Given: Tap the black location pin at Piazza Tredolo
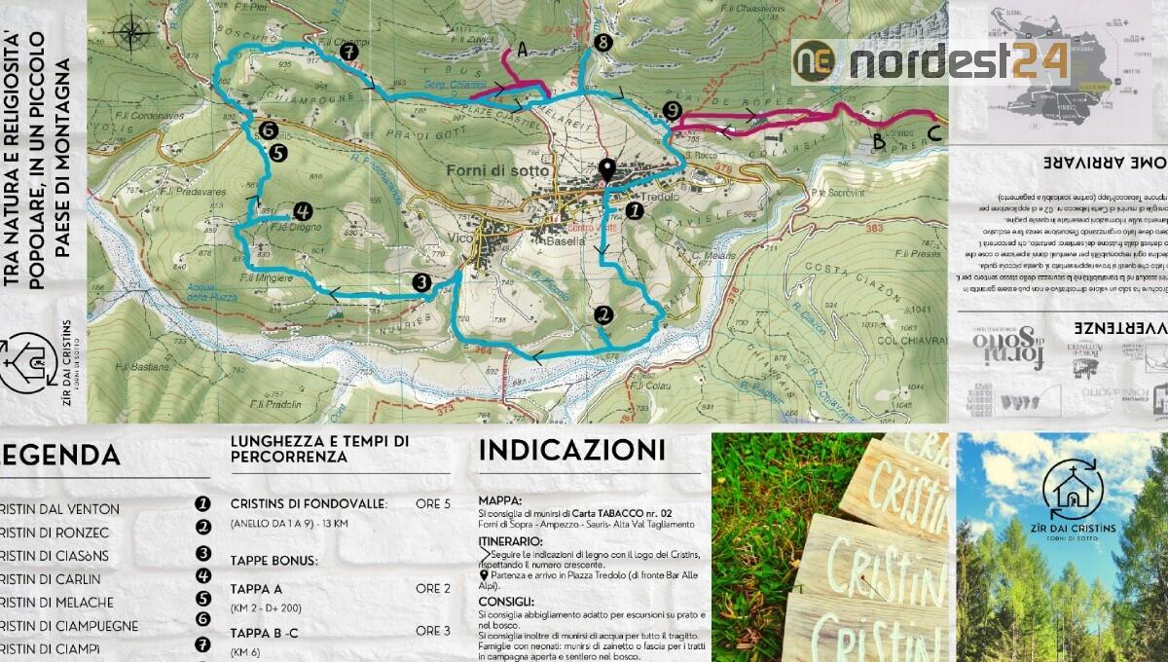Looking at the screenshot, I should click(x=607, y=171).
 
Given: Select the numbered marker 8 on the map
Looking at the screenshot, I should click(x=603, y=43).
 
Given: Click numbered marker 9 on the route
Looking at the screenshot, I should click(x=671, y=111).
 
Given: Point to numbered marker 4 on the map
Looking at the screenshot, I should click(x=302, y=210).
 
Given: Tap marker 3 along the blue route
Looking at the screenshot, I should click(x=421, y=282).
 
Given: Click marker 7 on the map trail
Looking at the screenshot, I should click(x=347, y=52).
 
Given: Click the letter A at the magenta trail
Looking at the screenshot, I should click(x=523, y=51).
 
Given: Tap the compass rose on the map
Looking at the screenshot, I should click(x=130, y=33).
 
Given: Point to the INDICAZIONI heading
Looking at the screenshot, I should click(x=572, y=451).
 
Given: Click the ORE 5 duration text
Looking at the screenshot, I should click(x=433, y=504).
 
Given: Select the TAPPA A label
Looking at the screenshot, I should click(x=257, y=589).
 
